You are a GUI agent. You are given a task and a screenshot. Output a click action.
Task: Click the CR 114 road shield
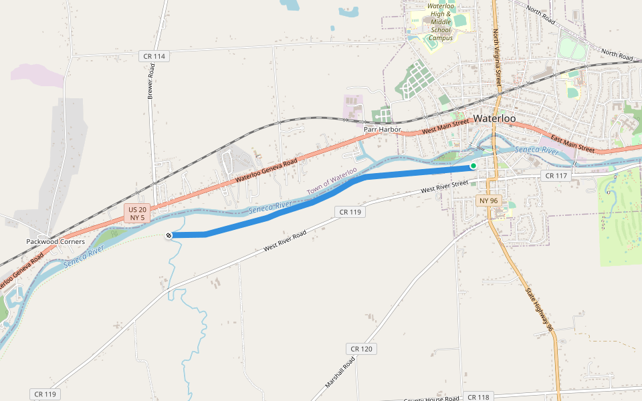point(154,56)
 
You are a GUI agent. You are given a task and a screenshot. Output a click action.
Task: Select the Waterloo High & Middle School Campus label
point(441,22)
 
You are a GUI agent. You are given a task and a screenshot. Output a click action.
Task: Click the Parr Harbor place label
point(382,128)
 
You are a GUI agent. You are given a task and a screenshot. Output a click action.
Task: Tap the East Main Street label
point(572,143)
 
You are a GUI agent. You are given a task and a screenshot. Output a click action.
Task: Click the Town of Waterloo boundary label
point(332,181)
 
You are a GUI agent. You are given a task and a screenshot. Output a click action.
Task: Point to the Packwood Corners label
point(56,241)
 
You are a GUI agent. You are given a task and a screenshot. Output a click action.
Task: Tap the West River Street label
point(445,187)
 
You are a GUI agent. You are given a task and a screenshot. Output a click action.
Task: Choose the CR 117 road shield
point(556,176)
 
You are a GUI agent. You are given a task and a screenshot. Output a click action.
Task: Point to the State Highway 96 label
point(539,309)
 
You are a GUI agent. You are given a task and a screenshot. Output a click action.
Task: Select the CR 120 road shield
point(361,349)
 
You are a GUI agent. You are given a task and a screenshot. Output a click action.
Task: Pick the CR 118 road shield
point(478,397)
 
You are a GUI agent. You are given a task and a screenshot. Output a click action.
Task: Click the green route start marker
point(473,166)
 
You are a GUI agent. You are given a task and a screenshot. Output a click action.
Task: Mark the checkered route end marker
point(169,235)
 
